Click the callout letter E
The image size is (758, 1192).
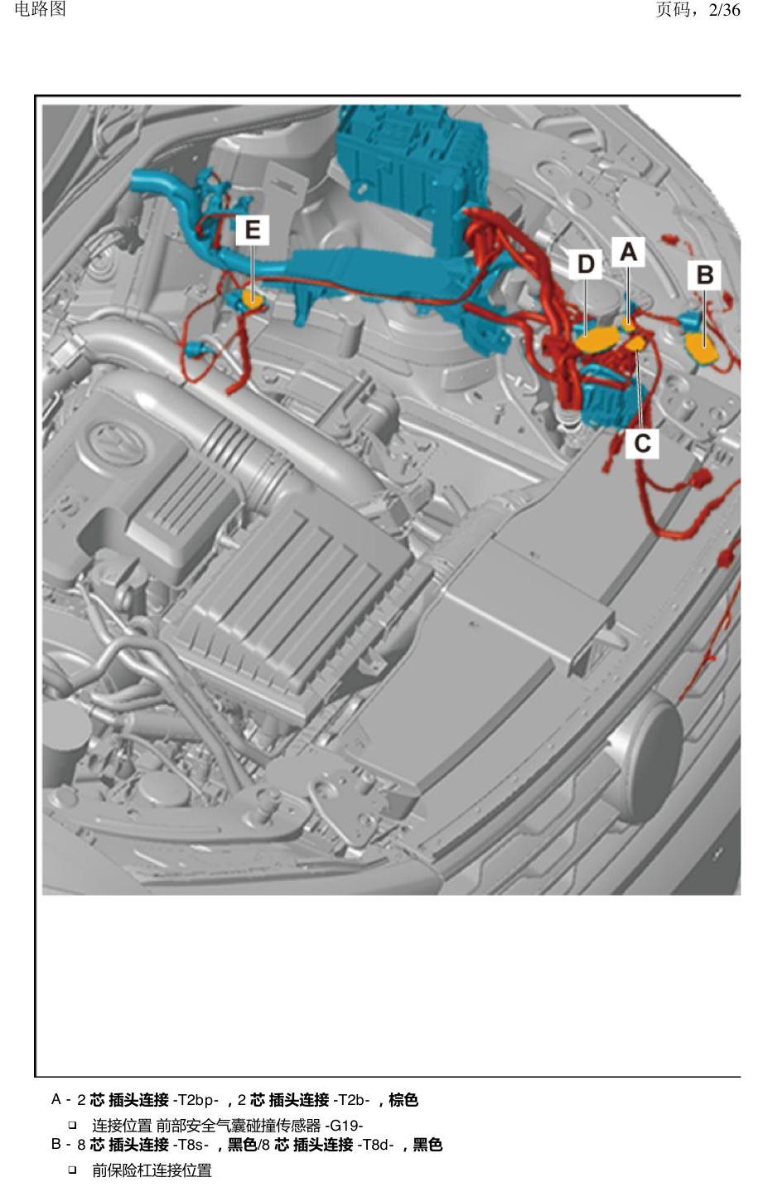(x=253, y=230)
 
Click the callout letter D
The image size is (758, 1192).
(x=586, y=264)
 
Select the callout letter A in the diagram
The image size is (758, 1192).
(x=628, y=252)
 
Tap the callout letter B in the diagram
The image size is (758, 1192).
(x=705, y=275)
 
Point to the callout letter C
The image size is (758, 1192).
(x=642, y=443)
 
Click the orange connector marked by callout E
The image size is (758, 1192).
(x=253, y=298)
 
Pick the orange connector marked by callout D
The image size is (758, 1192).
(x=597, y=340)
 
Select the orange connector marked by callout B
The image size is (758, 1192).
(x=702, y=347)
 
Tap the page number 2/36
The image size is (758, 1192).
(x=724, y=10)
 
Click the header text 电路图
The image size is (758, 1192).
(x=41, y=9)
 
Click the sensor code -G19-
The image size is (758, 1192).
(x=344, y=1126)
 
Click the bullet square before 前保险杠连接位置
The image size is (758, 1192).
(x=72, y=1170)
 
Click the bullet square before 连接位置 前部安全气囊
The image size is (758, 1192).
(x=72, y=1125)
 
